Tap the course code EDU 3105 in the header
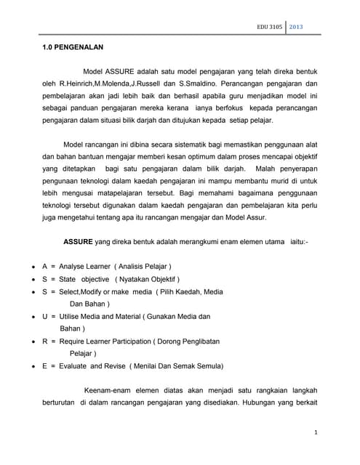(x=270, y=28)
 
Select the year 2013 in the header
(x=297, y=28)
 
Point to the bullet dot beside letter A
(x=35, y=267)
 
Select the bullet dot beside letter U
(x=35, y=317)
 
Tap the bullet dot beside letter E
(x=35, y=365)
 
